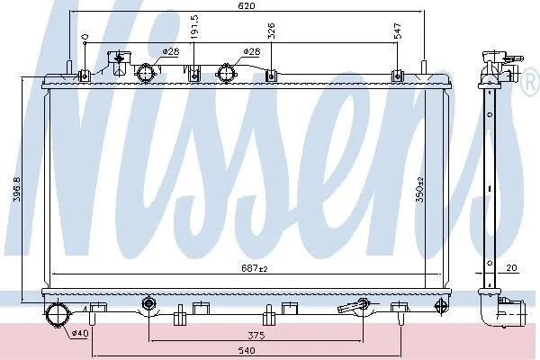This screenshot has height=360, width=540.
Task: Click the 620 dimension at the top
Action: point(247,6)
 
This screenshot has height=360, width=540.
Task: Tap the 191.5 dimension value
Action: point(195,27)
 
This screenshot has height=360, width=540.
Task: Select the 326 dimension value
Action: point(272,31)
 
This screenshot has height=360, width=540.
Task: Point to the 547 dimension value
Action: point(398,31)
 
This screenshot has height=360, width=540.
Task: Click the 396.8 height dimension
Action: point(17,189)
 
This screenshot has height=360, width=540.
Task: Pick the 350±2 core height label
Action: point(419,189)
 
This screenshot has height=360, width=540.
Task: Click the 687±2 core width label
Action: point(254,268)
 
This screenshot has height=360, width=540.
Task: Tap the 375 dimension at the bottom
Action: point(256,335)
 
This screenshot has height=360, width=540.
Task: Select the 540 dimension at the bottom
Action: point(247,351)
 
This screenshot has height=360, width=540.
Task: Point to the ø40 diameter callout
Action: point(80,333)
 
